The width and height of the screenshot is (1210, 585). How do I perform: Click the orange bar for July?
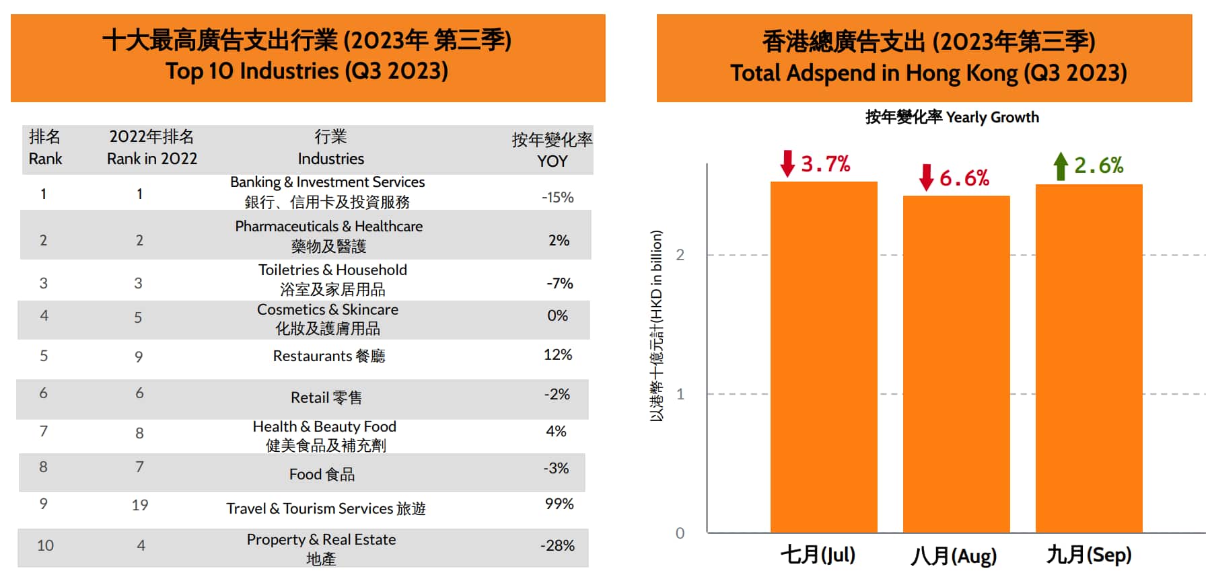tap(824, 356)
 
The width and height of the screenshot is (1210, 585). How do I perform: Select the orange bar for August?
tap(956, 363)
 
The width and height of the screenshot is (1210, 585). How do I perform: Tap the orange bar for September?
tap(1089, 358)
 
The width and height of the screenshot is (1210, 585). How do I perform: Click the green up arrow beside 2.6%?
tap(1061, 166)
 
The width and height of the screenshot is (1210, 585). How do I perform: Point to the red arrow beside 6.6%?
tap(927, 178)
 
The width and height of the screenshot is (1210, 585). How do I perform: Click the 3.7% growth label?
tap(826, 163)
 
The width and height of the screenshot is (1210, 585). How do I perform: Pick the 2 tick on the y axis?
tap(680, 255)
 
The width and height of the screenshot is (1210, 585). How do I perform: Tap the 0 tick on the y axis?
tap(680, 533)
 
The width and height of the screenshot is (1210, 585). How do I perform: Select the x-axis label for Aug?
tap(954, 556)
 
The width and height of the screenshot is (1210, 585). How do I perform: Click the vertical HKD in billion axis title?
tap(656, 326)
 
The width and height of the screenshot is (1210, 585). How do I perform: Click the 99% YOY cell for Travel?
tap(559, 504)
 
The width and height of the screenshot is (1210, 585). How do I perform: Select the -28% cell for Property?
tap(557, 545)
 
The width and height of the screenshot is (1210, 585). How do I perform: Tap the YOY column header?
tap(552, 150)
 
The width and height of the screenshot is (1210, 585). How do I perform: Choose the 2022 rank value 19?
tap(140, 505)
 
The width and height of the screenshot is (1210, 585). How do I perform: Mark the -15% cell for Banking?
tap(557, 197)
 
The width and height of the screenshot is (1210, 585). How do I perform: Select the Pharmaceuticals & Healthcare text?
tap(328, 227)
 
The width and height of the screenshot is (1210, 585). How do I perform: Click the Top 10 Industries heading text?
tap(307, 71)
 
